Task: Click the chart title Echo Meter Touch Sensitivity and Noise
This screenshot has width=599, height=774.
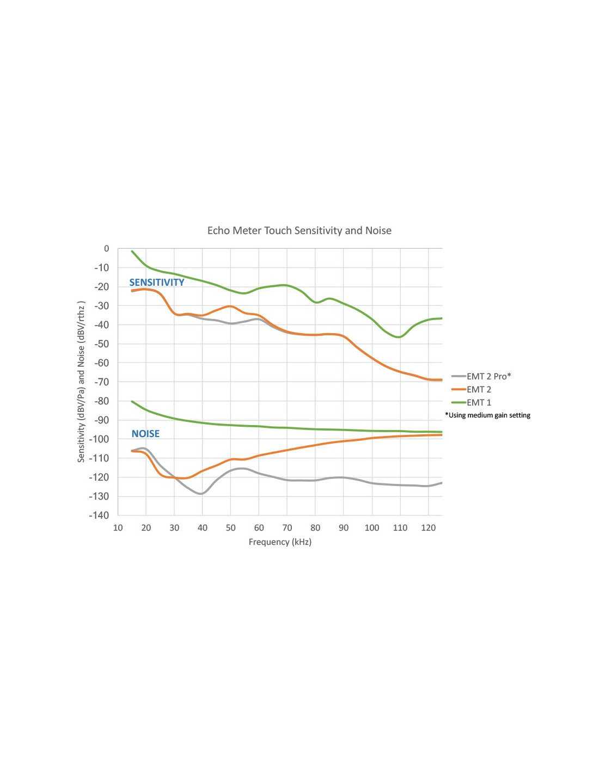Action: (x=299, y=231)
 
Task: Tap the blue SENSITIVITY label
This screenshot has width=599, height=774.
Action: (x=157, y=282)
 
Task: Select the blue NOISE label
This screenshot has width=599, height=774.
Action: (x=145, y=434)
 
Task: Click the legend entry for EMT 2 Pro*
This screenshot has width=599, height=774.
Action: (x=488, y=377)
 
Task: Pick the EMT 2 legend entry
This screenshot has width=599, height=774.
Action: (x=479, y=390)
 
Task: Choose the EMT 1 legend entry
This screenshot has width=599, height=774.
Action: (x=479, y=403)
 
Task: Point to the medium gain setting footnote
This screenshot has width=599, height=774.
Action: (x=488, y=415)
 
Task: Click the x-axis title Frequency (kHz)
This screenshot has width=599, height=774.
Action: (x=280, y=542)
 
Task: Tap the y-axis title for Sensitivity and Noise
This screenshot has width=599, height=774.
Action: (x=81, y=382)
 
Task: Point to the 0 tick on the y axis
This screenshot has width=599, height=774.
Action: (x=106, y=249)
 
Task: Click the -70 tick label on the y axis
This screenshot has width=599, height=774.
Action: (x=102, y=382)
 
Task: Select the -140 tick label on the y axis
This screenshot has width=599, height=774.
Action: (x=99, y=515)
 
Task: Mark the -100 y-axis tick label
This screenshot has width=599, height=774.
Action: (x=99, y=439)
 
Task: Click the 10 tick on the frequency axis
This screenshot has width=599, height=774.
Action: (x=118, y=528)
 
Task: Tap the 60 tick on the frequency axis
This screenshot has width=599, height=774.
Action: (x=259, y=528)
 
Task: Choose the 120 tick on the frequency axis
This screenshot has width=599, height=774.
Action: (x=428, y=528)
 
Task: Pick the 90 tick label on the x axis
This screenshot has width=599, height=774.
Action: (x=344, y=528)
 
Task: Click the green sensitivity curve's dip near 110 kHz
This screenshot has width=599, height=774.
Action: (x=399, y=337)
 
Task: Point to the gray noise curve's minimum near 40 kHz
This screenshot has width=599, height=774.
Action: (x=202, y=494)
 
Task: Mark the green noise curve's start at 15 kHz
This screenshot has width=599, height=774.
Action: (x=132, y=402)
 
